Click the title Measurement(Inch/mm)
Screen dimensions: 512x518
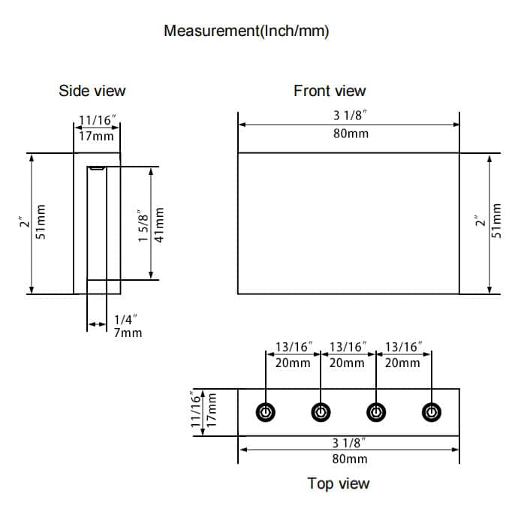click(246, 31)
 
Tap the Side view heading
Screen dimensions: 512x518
click(92, 91)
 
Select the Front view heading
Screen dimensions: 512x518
click(330, 91)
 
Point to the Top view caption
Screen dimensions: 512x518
click(339, 483)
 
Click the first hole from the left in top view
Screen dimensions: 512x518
click(266, 411)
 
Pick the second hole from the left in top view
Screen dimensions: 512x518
click(321, 411)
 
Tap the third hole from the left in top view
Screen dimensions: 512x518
click(376, 411)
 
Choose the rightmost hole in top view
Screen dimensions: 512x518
click(431, 411)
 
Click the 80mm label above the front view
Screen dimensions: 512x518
click(351, 135)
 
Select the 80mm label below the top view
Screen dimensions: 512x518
click(350, 458)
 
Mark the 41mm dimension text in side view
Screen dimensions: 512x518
click(159, 225)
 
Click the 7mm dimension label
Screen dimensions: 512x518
click(128, 333)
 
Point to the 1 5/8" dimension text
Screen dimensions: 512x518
click(143, 225)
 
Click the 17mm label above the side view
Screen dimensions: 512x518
click(98, 136)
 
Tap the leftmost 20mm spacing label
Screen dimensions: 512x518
click(293, 363)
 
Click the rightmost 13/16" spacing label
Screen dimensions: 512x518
click(403, 348)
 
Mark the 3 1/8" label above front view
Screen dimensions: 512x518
click(350, 116)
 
